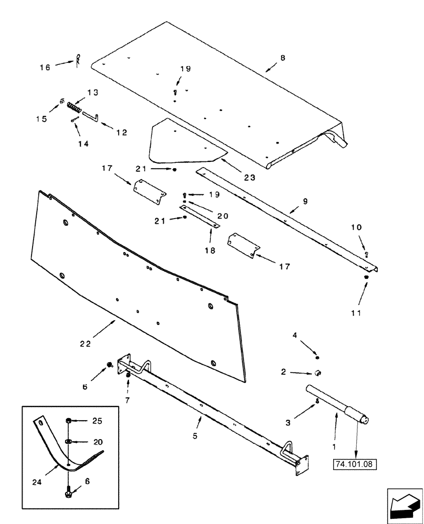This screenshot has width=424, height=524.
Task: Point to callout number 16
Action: point(46,67)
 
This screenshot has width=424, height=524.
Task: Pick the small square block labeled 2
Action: point(318,373)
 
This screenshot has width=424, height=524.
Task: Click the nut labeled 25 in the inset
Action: point(69,420)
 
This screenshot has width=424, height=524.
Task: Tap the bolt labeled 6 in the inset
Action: point(69,495)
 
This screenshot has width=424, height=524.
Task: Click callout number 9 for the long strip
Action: point(305,201)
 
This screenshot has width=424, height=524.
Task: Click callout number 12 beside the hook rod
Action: point(121,133)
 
